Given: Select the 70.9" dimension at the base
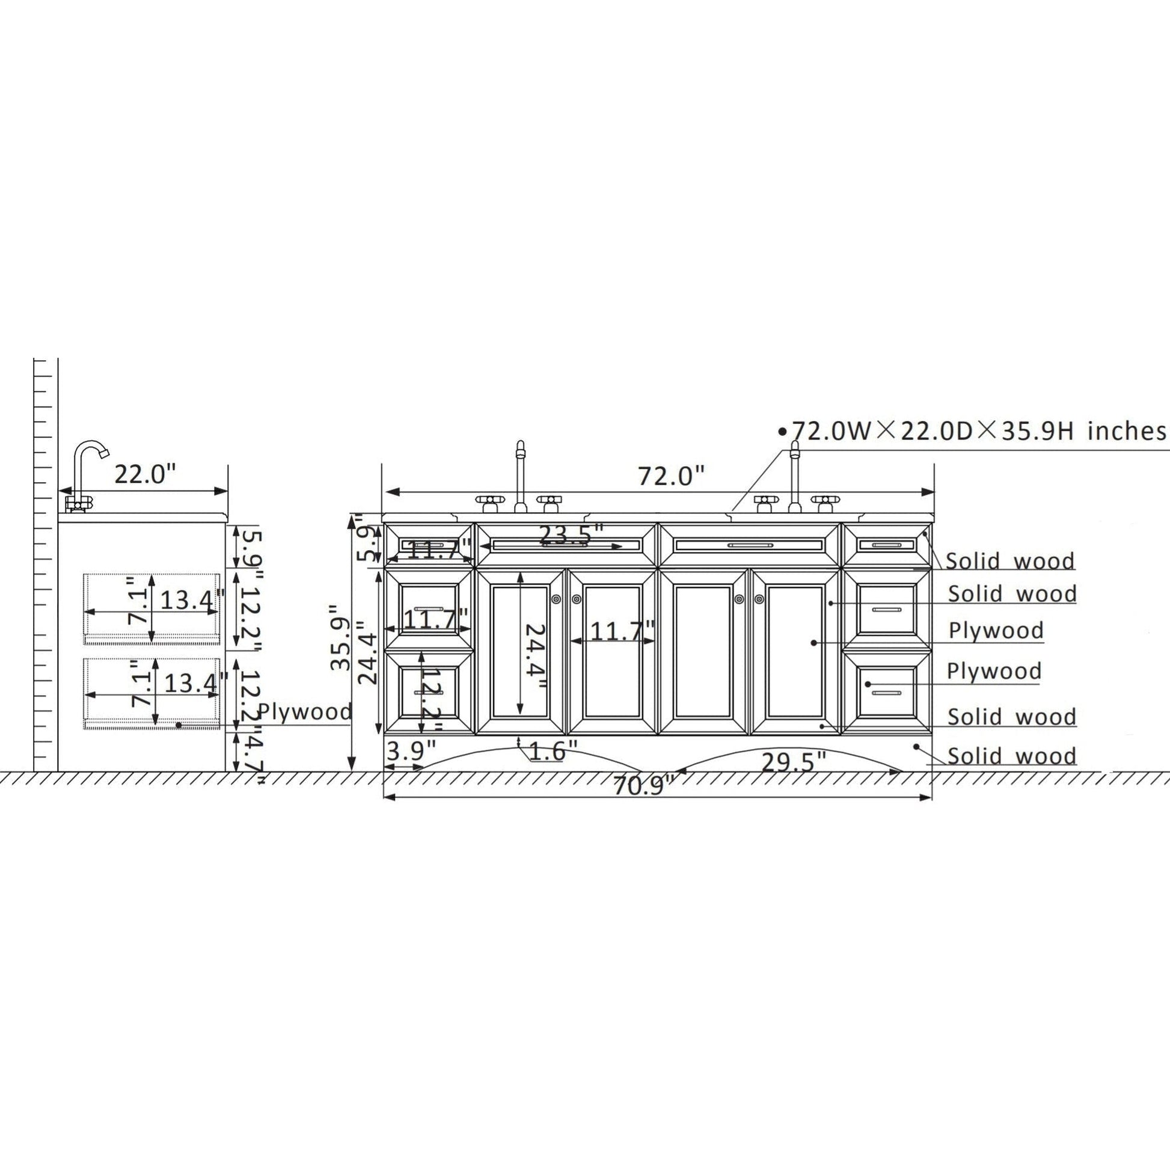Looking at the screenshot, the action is pyautogui.click(x=644, y=786).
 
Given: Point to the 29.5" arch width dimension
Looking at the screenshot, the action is pyautogui.click(x=793, y=762).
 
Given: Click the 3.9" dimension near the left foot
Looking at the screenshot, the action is pyautogui.click(x=411, y=752).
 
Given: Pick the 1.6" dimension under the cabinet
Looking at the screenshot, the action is pyautogui.click(x=554, y=752).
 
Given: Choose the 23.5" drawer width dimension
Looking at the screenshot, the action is pyautogui.click(x=571, y=534).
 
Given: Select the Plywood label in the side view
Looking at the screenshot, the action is pyautogui.click(x=305, y=712).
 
